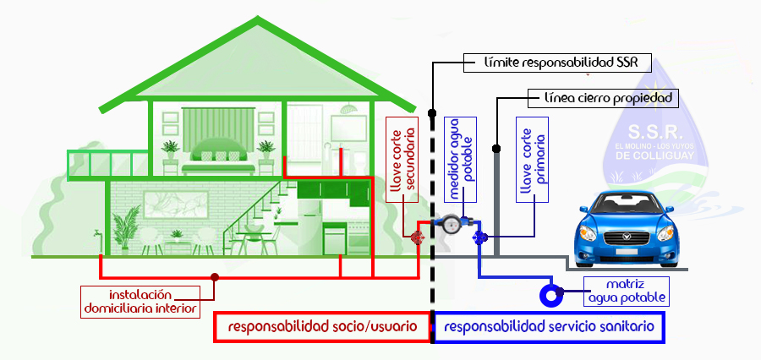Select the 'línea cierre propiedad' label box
[x=603, y=97]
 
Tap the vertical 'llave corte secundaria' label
[x=403, y=161]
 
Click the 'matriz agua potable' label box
[x=627, y=291]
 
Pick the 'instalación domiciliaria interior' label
[x=140, y=301]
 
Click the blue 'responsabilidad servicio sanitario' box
[x=548, y=327]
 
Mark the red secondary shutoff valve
[x=416, y=237]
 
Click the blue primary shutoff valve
[x=479, y=237]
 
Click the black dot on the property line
[x=495, y=149]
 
